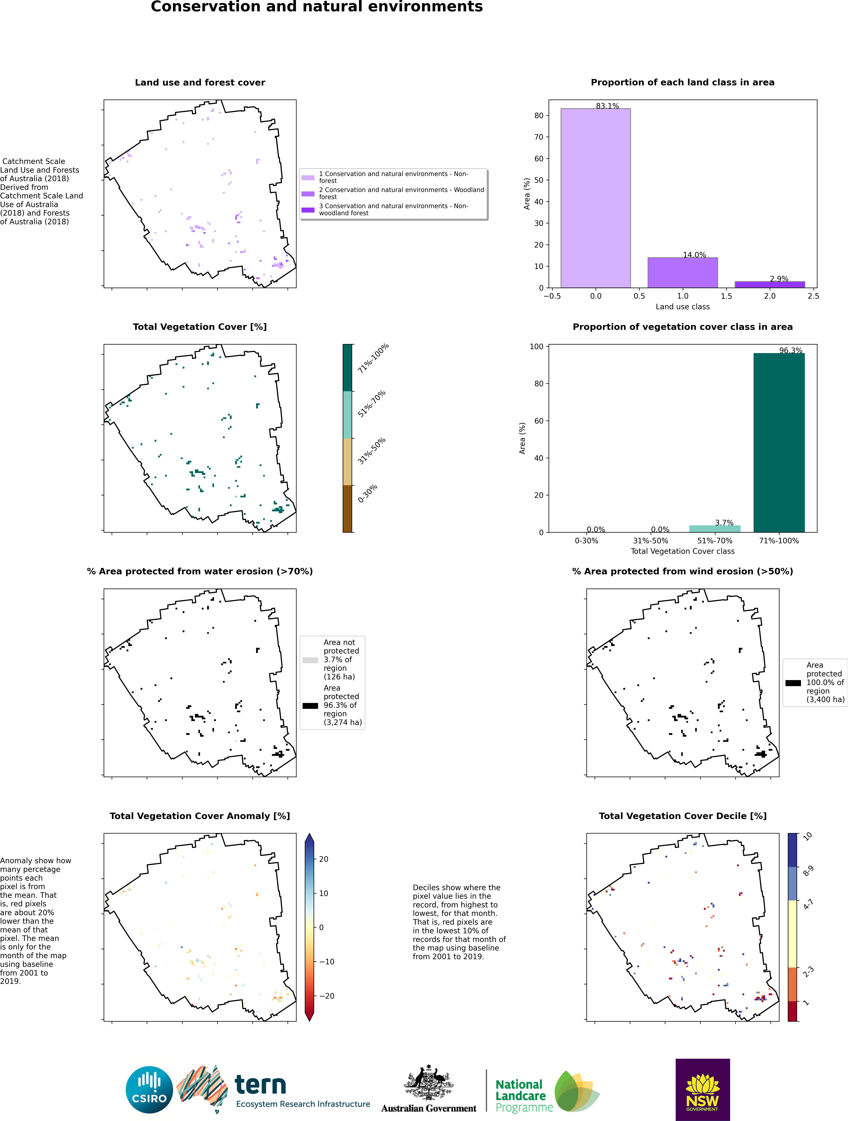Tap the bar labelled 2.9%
point(769,284)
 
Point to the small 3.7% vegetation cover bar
point(715,529)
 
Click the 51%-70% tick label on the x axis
point(715,541)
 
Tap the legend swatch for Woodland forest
point(308,194)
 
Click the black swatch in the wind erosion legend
point(793,683)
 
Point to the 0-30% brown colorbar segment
point(347,508)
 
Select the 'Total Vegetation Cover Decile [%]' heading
point(682,816)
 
